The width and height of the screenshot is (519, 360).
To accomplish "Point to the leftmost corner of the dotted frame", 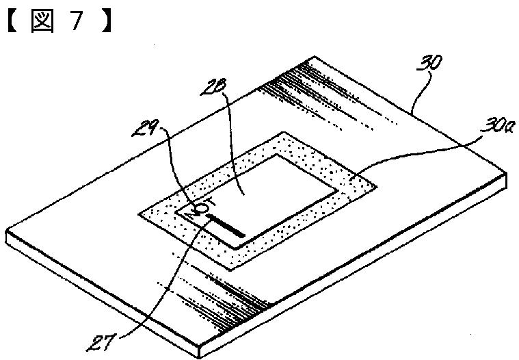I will click(x=139, y=214).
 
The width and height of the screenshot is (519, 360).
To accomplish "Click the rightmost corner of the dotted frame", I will click(x=377, y=183).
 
